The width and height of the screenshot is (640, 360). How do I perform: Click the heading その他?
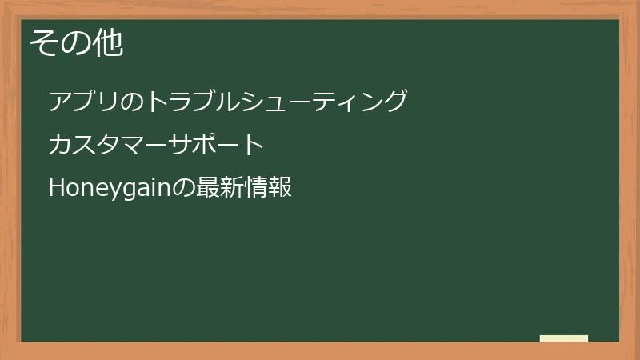click(77, 43)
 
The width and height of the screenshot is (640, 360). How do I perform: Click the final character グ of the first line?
click(395, 102)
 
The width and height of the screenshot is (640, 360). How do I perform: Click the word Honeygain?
click(110, 189)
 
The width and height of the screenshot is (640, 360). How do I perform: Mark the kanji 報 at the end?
click(280, 189)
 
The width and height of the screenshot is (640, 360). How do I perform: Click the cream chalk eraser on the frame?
click(564, 338)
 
